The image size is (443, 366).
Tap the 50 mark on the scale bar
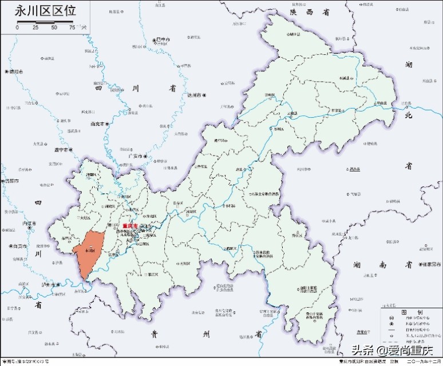click(54, 27)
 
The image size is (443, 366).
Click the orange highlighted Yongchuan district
click(90, 252)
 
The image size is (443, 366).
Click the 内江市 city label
click(28, 223)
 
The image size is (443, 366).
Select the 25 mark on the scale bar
click(35, 27)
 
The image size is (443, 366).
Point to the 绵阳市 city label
click(15, 72)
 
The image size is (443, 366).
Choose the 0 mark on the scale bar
click(17, 27)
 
